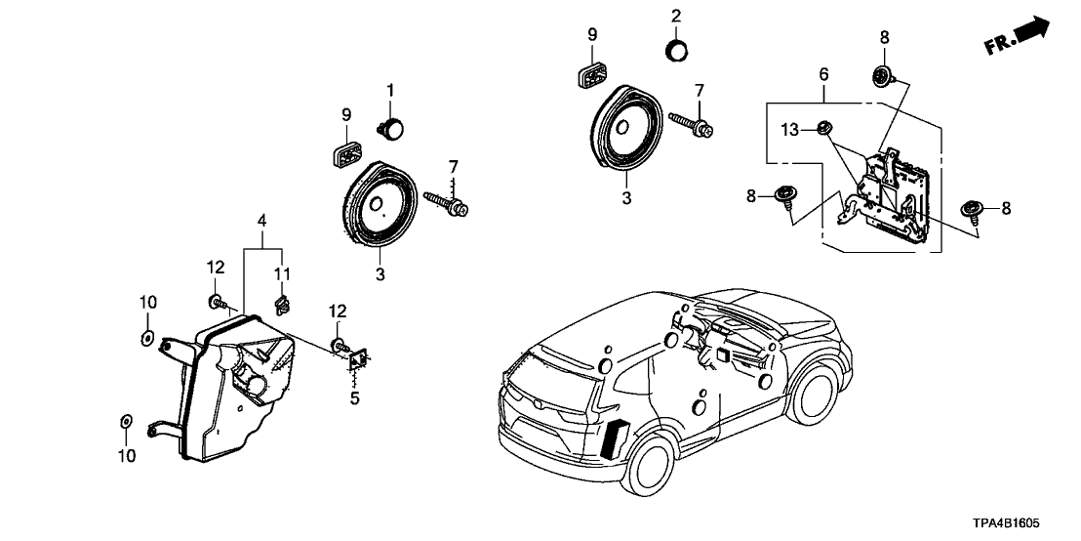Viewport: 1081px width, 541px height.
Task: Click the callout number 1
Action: [389, 91]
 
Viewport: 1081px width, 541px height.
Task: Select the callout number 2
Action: [675, 17]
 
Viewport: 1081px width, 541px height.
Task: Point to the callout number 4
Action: [262, 224]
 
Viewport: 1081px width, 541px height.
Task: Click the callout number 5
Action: [355, 397]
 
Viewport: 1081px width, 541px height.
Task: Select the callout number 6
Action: [824, 73]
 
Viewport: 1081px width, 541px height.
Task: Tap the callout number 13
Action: [789, 129]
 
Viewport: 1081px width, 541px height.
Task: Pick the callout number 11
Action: [282, 272]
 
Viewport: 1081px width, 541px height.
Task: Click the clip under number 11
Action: [282, 305]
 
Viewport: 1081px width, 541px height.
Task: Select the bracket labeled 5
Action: [357, 360]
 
